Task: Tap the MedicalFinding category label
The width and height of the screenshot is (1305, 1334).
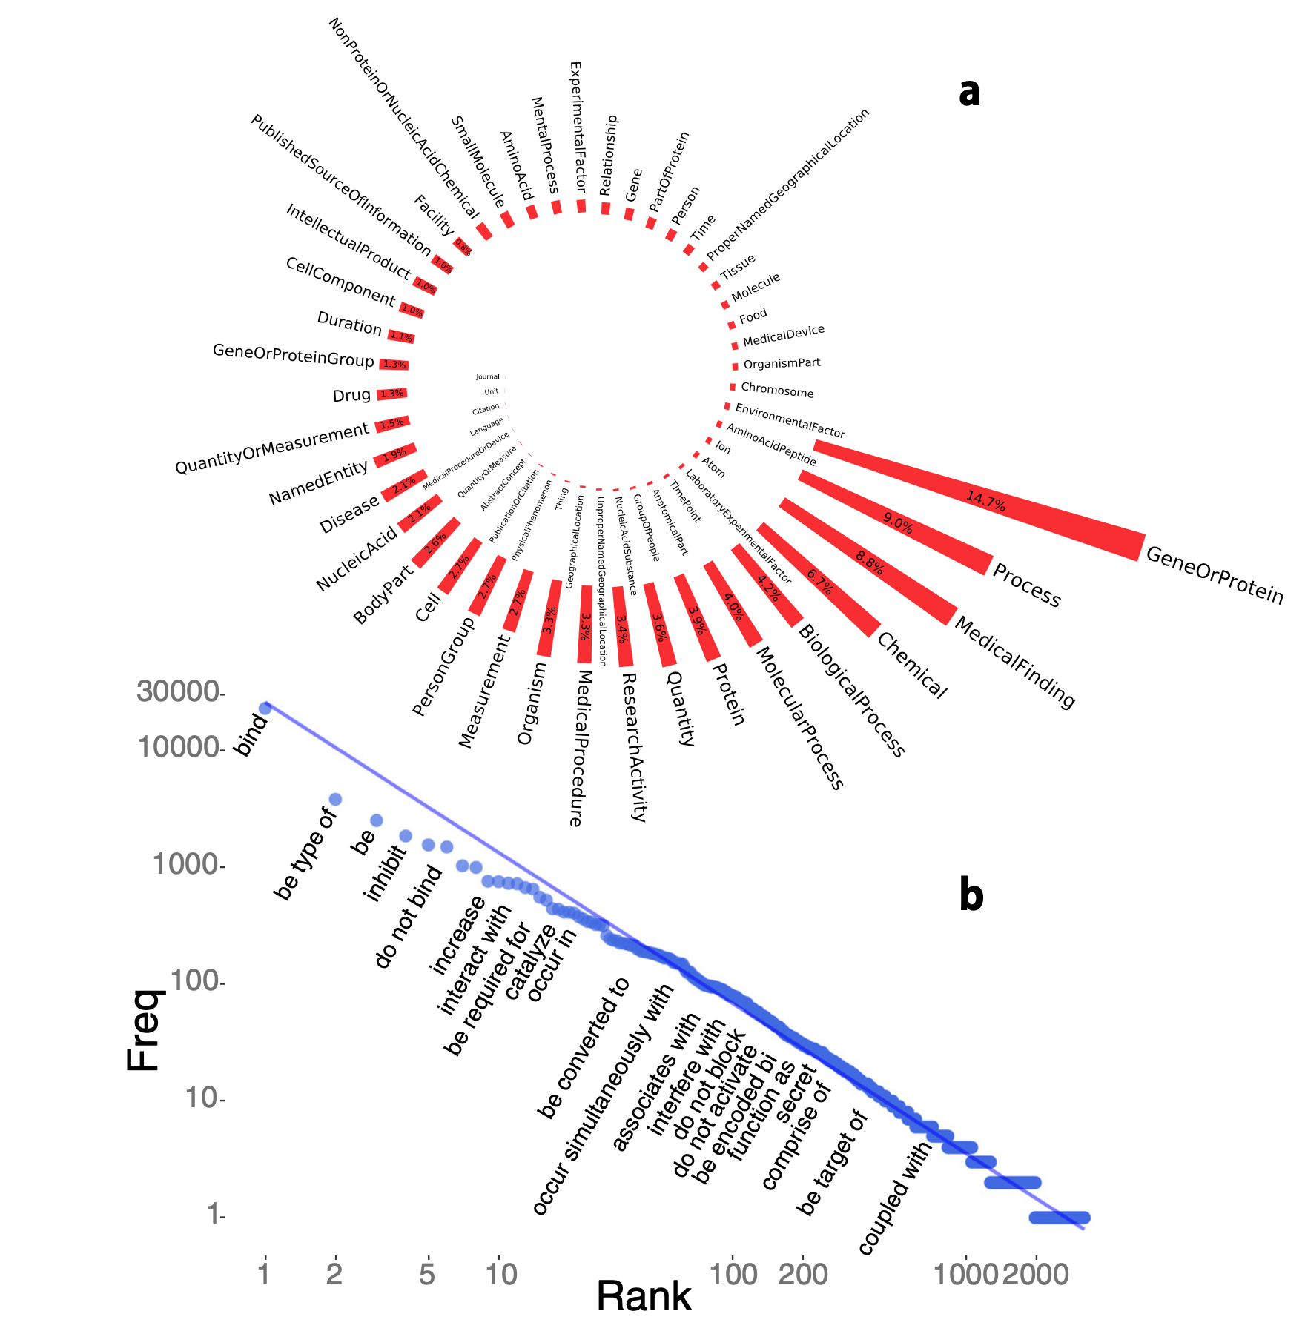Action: [x=1014, y=662]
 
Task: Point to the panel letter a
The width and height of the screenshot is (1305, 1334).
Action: [x=969, y=92]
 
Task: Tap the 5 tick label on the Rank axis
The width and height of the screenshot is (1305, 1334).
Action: [x=426, y=1274]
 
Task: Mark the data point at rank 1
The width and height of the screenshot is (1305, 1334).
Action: [x=265, y=708]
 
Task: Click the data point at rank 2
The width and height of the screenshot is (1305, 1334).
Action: [x=335, y=799]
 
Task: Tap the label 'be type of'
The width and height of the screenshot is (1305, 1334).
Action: [x=305, y=855]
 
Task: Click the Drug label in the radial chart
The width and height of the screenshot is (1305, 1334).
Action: [x=351, y=395]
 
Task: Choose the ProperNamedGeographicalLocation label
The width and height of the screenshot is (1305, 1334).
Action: [x=787, y=185]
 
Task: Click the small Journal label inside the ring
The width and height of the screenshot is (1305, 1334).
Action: [x=488, y=376]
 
